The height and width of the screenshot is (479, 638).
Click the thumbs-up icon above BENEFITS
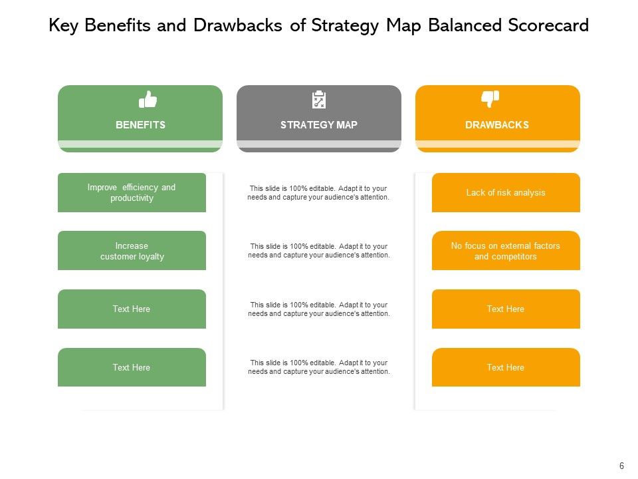pyautogui.click(x=148, y=100)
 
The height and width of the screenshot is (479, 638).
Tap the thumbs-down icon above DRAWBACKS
pyautogui.click(x=490, y=99)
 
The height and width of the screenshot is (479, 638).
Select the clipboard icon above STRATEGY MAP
pyautogui.click(x=319, y=100)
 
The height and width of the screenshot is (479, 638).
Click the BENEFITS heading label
pyautogui.click(x=140, y=124)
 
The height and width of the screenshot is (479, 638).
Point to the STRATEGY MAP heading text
pyautogui.click(x=319, y=124)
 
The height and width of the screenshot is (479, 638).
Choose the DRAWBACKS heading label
pyautogui.click(x=497, y=124)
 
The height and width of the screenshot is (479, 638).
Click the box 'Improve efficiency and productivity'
pyautogui.click(x=132, y=193)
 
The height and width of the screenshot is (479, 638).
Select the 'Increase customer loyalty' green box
pyautogui.click(x=132, y=251)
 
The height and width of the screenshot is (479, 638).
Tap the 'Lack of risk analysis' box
pyautogui.click(x=506, y=193)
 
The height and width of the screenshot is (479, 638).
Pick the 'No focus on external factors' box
pyautogui.click(x=506, y=251)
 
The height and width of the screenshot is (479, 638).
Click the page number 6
pyautogui.click(x=621, y=466)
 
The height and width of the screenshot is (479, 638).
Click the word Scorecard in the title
pyautogui.click(x=548, y=26)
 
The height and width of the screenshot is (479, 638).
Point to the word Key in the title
pyautogui.click(x=64, y=26)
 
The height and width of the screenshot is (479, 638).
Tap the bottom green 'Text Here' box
pyautogui.click(x=132, y=367)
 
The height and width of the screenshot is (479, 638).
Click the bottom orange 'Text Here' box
pyautogui.click(x=506, y=367)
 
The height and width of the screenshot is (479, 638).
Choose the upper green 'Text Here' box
pyautogui.click(x=132, y=309)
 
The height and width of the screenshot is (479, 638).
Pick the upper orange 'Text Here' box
pyautogui.click(x=506, y=309)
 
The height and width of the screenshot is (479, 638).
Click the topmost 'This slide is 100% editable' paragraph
pyautogui.click(x=319, y=193)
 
